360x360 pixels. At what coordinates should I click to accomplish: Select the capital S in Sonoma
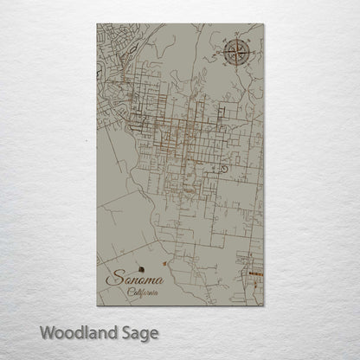tap(111, 279)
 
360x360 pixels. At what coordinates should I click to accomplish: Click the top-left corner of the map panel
tap(97, 24)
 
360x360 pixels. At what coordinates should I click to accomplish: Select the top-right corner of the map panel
tap(263, 24)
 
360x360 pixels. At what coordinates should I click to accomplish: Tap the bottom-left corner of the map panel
tap(97, 307)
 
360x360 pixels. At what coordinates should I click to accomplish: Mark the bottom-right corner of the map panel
tap(263, 307)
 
